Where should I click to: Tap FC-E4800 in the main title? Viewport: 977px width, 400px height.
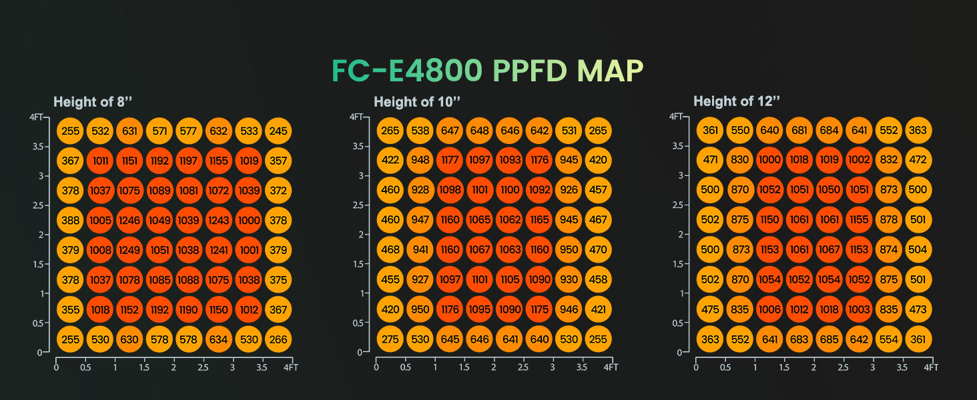(408, 71)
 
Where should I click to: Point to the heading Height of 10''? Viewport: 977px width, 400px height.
(418, 102)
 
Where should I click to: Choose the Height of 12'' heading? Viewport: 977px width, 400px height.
(737, 102)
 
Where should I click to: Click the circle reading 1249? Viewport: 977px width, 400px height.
(129, 251)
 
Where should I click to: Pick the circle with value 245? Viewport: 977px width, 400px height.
(278, 131)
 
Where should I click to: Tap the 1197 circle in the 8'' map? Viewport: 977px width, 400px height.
(189, 161)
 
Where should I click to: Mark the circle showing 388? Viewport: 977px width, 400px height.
(70, 221)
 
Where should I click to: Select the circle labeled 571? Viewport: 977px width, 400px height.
(159, 131)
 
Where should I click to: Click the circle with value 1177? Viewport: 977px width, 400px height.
(450, 161)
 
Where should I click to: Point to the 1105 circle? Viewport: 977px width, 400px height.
(510, 280)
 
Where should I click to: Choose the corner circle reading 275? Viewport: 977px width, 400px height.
(390, 339)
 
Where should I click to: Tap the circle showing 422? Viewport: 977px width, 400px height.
(390, 161)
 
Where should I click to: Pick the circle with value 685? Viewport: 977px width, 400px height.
(830, 339)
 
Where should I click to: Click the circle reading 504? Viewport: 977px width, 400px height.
(918, 251)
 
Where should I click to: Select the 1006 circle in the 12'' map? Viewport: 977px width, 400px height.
(769, 310)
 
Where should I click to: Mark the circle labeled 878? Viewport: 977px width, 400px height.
(888, 221)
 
